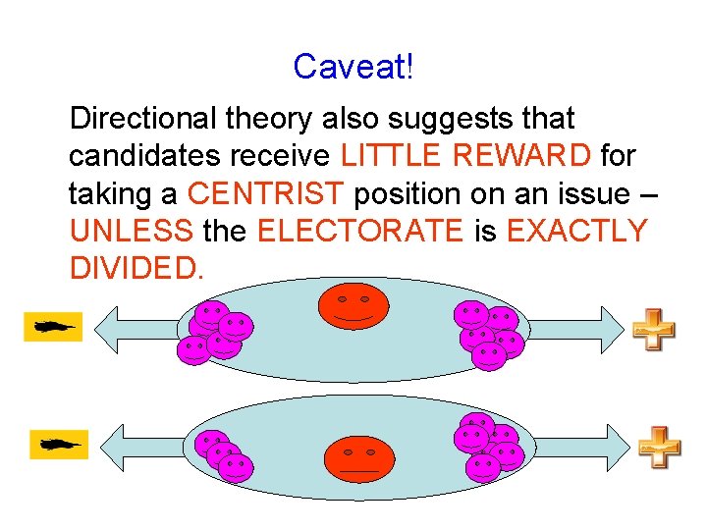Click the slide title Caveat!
(353, 67)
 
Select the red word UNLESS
(131, 232)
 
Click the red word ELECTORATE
(358, 232)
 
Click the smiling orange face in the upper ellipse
(353, 306)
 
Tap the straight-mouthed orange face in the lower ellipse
(358, 459)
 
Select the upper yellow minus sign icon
(52, 326)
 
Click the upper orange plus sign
(652, 330)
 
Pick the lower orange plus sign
(659, 447)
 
